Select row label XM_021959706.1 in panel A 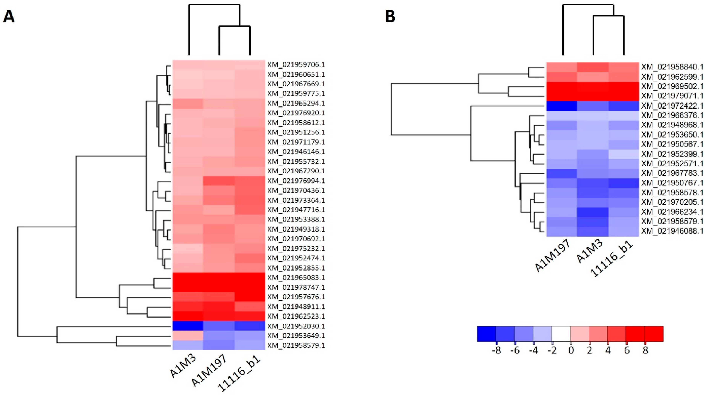click(296, 65)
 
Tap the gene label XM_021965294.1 click(296, 103)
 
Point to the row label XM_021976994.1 click(296, 181)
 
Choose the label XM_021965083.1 click(296, 277)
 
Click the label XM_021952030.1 click(296, 326)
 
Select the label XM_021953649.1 click(296, 335)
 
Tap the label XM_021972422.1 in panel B click(672, 105)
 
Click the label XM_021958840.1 click(672, 67)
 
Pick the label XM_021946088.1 click(672, 231)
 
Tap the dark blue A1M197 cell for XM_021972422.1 click(562, 105)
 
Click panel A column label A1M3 click(183, 365)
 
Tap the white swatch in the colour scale click(561, 334)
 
